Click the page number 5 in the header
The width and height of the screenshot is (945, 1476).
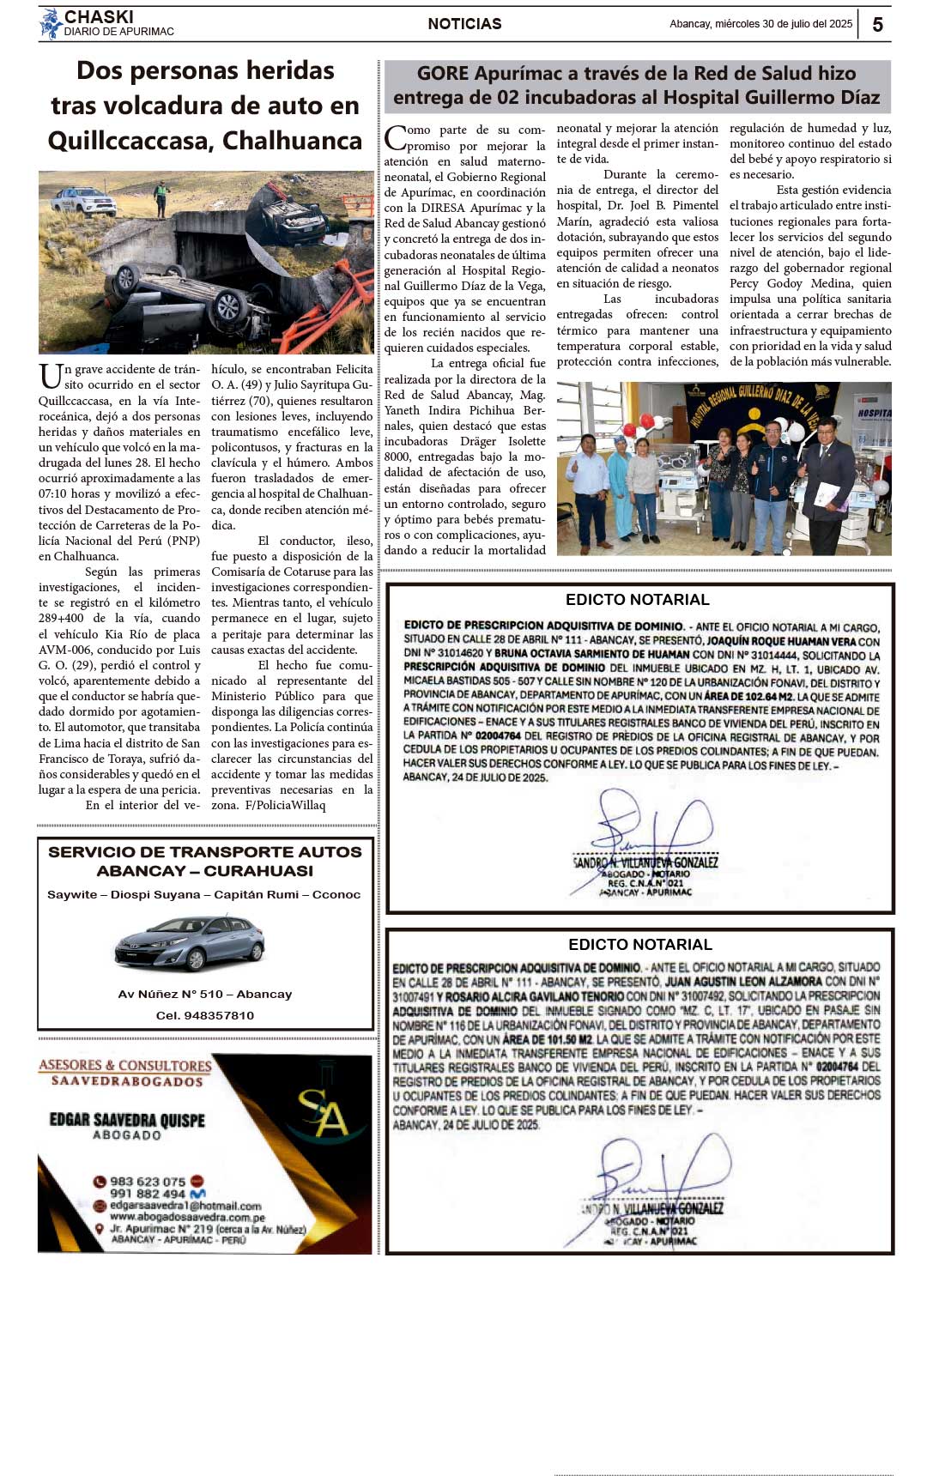(x=877, y=25)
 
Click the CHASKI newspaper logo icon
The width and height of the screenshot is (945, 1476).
(x=51, y=24)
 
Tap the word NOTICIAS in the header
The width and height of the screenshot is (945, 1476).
(x=464, y=24)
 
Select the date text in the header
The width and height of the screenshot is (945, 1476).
(x=760, y=24)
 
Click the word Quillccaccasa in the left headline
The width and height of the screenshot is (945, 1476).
(x=127, y=141)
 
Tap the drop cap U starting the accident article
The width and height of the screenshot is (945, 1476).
(x=50, y=376)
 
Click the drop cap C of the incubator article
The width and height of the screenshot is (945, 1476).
(x=395, y=137)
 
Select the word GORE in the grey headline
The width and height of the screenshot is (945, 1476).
(x=442, y=74)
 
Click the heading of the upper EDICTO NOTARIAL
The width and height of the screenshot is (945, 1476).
(x=637, y=600)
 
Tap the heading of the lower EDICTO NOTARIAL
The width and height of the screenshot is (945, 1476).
(x=639, y=945)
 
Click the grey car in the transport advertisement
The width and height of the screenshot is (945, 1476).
(x=190, y=942)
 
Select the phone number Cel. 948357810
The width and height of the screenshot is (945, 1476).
(x=205, y=1015)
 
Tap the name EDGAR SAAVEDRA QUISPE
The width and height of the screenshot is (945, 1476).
(x=127, y=1120)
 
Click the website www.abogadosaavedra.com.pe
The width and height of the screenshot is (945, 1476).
(x=187, y=1217)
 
